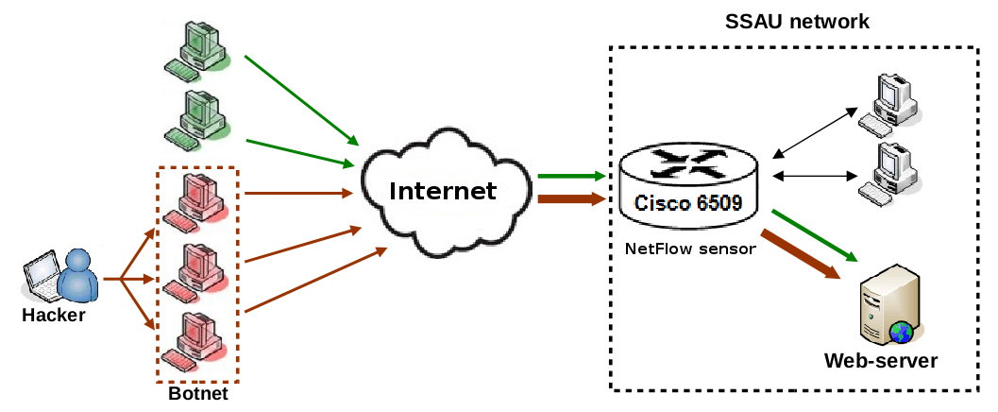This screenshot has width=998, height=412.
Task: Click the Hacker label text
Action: click(53, 316)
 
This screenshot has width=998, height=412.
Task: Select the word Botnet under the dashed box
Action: click(197, 393)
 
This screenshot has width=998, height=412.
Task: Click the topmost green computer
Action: click(198, 47)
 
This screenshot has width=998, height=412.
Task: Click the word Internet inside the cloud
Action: click(443, 191)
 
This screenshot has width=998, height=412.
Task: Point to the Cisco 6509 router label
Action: click(688, 203)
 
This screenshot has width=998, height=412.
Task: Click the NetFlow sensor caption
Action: click(689, 249)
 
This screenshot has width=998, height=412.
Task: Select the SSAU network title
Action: click(797, 21)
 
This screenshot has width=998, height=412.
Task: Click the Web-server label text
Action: click(880, 361)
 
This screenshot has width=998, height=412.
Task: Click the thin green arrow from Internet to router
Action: click(571, 176)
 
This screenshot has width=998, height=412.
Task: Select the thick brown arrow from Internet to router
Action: click(571, 198)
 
